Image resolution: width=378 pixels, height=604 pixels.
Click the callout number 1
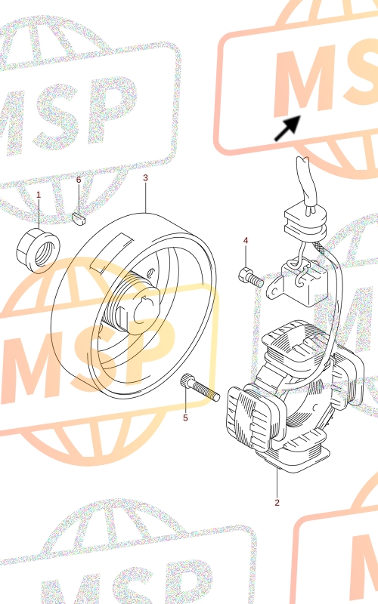pyautogui.click(x=39, y=195)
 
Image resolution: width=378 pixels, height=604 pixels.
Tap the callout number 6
pyautogui.click(x=79, y=180)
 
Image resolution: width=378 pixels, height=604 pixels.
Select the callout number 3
pyautogui.click(x=145, y=177)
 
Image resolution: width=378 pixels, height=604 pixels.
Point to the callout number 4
pyautogui.click(x=246, y=240)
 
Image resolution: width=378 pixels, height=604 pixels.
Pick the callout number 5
pyautogui.click(x=185, y=418)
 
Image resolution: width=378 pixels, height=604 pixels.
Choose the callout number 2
pyautogui.click(x=277, y=502)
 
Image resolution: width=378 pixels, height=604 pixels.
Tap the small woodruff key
pyautogui.click(x=80, y=218)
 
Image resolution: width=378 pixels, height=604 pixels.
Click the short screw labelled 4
pyautogui.click(x=251, y=277)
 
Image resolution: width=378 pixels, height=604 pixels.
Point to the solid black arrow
pyautogui.click(x=288, y=128)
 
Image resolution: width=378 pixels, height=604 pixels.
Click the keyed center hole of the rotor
pyautogui.click(x=146, y=311)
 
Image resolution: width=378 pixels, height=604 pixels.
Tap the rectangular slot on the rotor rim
pyautogui.click(x=111, y=253)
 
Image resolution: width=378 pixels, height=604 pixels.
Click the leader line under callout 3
pyautogui.click(x=145, y=198)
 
